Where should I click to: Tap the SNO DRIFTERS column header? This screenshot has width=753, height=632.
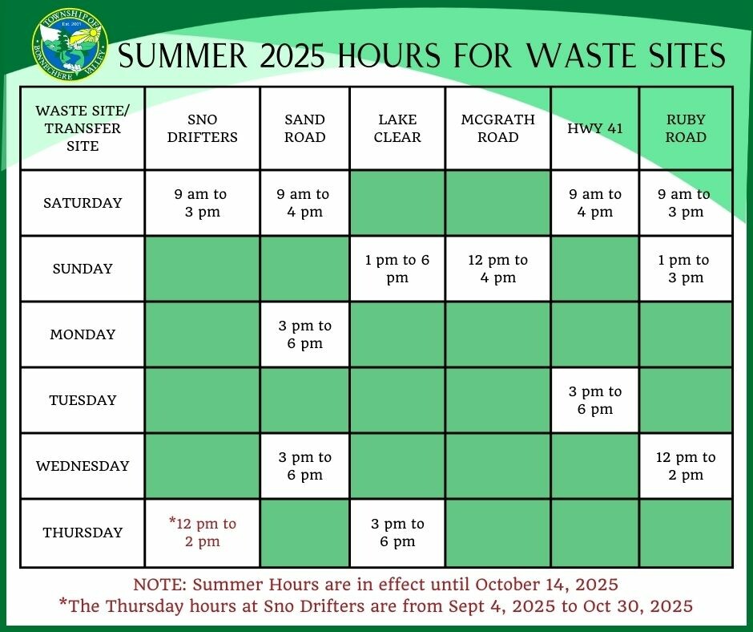click(202, 128)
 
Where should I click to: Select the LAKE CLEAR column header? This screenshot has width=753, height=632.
click(397, 128)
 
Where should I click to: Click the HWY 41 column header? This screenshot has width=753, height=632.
click(595, 128)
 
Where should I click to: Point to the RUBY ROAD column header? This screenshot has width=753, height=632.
click(686, 128)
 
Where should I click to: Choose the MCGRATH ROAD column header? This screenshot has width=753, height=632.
click(498, 128)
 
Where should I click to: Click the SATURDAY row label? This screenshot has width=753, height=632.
click(83, 203)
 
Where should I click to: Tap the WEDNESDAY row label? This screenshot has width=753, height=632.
click(83, 466)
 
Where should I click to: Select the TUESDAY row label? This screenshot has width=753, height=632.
click(83, 400)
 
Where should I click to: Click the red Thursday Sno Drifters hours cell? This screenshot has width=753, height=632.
click(202, 533)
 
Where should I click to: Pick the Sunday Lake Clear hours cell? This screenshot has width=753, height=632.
click(397, 269)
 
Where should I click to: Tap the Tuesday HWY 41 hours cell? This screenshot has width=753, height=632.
click(595, 400)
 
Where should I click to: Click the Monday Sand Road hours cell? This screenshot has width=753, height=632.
click(305, 334)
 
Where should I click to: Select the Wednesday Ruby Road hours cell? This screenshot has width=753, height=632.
click(686, 466)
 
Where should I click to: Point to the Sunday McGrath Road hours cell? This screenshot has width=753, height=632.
click(498, 269)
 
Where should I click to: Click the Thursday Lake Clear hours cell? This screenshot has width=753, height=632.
click(397, 533)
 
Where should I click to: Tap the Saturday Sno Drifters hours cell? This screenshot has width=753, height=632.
click(202, 203)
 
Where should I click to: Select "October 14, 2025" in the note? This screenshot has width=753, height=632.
click(546, 585)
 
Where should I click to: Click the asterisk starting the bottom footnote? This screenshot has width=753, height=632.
click(62, 602)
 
